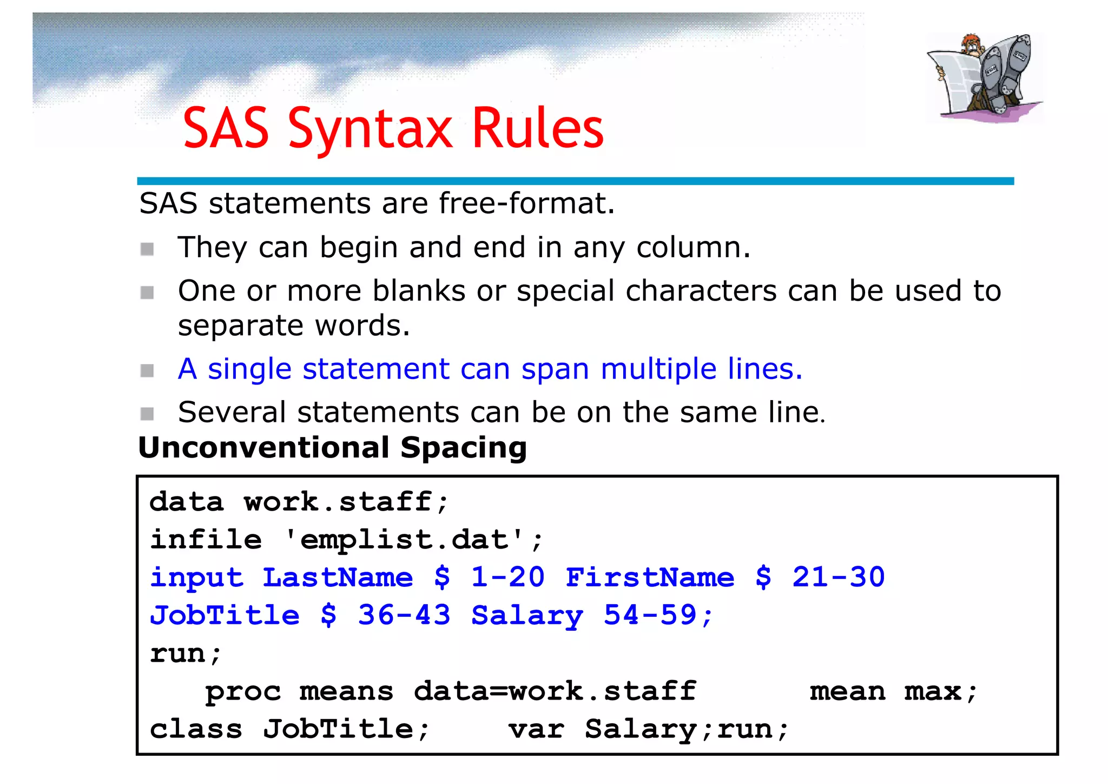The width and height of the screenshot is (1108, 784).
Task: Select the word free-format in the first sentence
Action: [x=526, y=204]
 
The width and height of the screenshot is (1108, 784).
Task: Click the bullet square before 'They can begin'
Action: [x=147, y=249]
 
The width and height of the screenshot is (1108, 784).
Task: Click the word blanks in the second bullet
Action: [x=419, y=291]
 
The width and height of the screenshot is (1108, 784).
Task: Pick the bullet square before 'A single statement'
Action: [x=147, y=371]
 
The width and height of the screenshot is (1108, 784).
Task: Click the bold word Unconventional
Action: [x=264, y=448]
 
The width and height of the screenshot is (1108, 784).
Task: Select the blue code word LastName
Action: [x=338, y=577]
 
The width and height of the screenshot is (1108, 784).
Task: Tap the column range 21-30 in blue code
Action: [x=838, y=577]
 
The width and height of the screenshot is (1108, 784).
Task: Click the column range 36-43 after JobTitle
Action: [x=404, y=615]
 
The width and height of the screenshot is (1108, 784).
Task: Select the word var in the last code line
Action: [x=536, y=729]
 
